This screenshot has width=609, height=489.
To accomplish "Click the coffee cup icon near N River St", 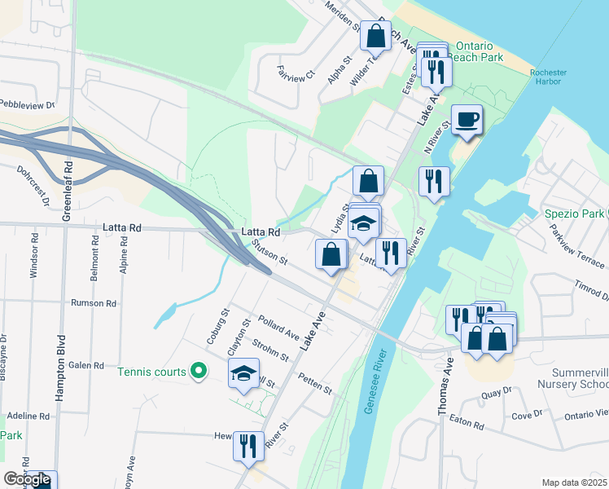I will pyautogui.click(x=467, y=120).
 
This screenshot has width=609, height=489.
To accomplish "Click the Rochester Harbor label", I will pyautogui.click(x=547, y=77).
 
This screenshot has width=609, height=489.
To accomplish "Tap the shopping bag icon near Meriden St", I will pyautogui.click(x=375, y=35).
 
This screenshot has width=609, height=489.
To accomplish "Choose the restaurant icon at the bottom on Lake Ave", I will pyautogui.click(x=248, y=446).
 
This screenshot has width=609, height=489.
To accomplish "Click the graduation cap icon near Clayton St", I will pyautogui.click(x=242, y=374).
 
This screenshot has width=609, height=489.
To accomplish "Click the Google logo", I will pyautogui.click(x=27, y=480).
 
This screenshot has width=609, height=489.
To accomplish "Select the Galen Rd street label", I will pyautogui.click(x=86, y=365).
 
